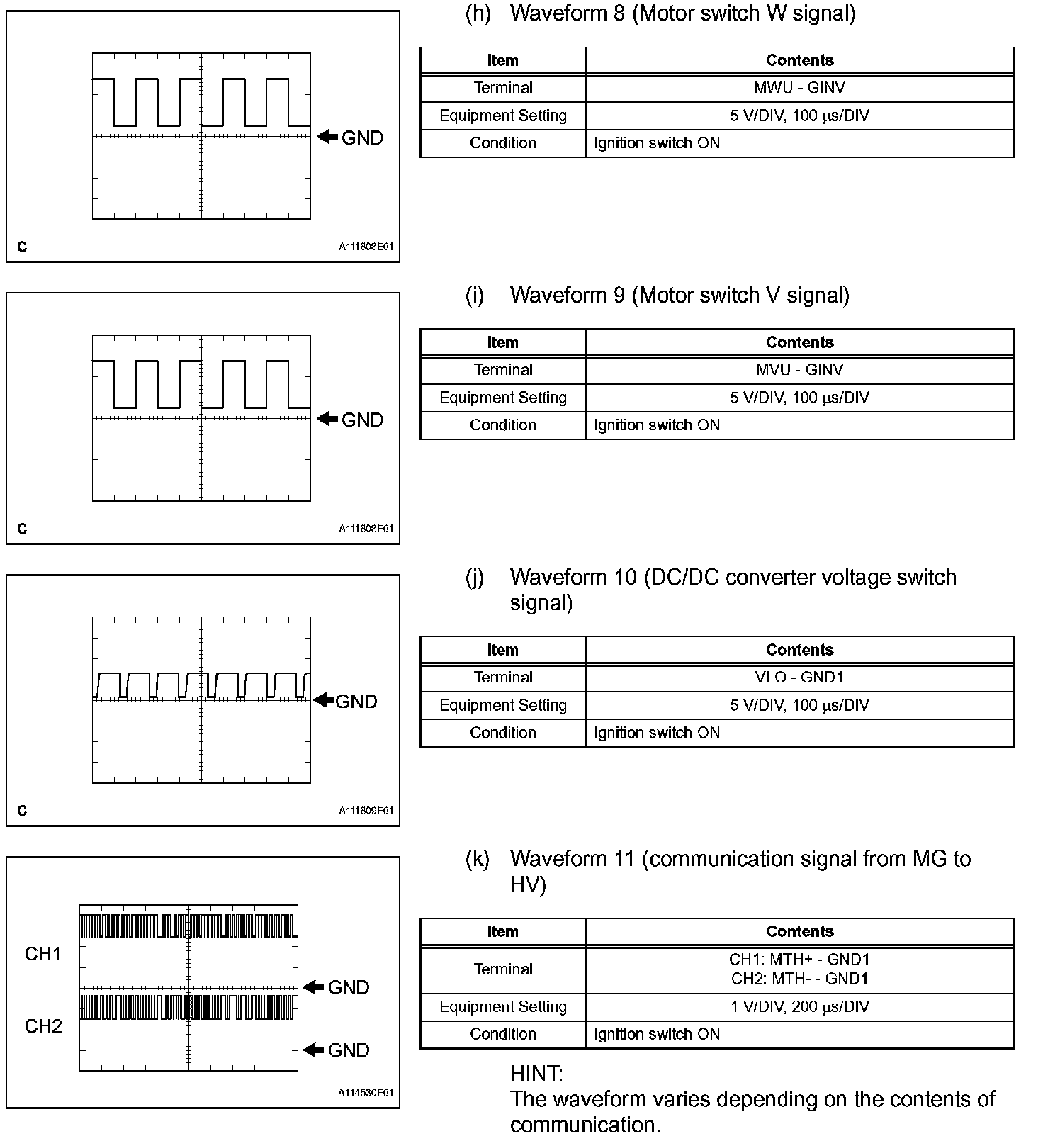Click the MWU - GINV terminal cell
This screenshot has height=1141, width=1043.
pyautogui.click(x=799, y=88)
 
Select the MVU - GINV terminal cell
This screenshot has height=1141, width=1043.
pyautogui.click(x=799, y=370)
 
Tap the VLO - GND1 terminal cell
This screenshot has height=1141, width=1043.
pyautogui.click(x=799, y=678)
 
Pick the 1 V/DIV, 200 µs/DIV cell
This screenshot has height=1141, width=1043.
pyautogui.click(x=799, y=1007)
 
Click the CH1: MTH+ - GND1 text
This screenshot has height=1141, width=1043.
pyautogui.click(x=799, y=960)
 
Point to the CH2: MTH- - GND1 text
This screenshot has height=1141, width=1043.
pyautogui.click(x=799, y=979)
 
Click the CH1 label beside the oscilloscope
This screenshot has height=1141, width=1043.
pyautogui.click(x=43, y=954)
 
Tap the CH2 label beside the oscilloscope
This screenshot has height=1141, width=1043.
pyautogui.click(x=43, y=1026)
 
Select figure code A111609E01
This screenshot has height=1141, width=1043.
pyautogui.click(x=366, y=811)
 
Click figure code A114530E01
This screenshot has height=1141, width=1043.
pyautogui.click(x=366, y=1093)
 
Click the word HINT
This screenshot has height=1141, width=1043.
pyautogui.click(x=536, y=1074)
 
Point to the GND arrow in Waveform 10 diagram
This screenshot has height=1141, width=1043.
pyautogui.click(x=325, y=700)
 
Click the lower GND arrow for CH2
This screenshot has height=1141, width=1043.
pyautogui.click(x=313, y=1050)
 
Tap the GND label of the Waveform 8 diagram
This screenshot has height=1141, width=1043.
pyautogui.click(x=362, y=137)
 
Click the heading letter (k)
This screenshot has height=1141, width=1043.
pyautogui.click(x=478, y=859)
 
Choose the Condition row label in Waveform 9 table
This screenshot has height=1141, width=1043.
pyautogui.click(x=502, y=425)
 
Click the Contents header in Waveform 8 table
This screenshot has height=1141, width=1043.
pyautogui.click(x=799, y=60)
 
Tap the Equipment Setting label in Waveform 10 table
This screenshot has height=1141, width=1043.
pyautogui.click(x=502, y=705)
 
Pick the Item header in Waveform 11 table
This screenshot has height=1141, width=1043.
pyautogui.click(x=502, y=932)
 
